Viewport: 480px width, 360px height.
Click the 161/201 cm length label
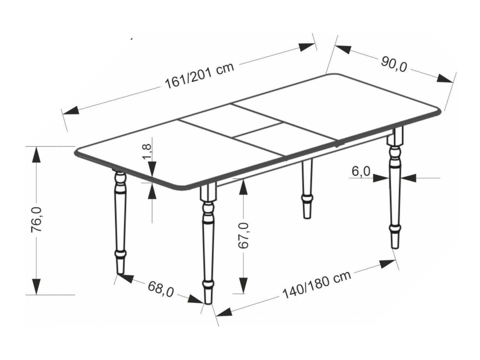(x=199, y=77)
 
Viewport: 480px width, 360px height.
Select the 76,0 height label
(x=37, y=220)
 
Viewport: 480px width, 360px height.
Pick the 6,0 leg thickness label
(x=361, y=171)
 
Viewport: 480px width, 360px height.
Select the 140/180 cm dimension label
(x=317, y=284)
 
